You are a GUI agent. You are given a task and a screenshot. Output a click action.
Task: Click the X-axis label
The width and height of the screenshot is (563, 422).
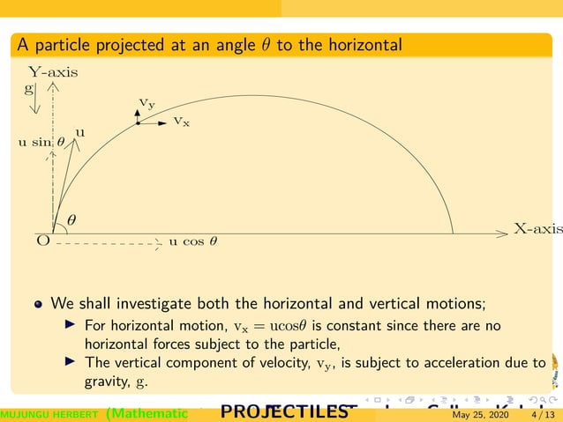[x=537, y=228]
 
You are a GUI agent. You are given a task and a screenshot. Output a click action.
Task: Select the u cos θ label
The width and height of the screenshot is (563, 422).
[x=192, y=241]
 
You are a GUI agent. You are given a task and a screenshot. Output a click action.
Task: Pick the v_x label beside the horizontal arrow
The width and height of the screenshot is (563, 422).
[x=181, y=120]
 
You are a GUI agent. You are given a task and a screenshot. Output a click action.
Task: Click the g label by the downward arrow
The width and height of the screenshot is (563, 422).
[x=29, y=88]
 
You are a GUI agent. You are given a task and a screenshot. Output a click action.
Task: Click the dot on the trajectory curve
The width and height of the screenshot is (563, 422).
[x=139, y=123]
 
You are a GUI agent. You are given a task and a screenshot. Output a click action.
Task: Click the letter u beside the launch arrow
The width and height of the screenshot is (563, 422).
[x=79, y=132]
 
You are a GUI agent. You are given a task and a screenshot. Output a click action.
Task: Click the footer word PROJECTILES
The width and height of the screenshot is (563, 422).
[x=282, y=411]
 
